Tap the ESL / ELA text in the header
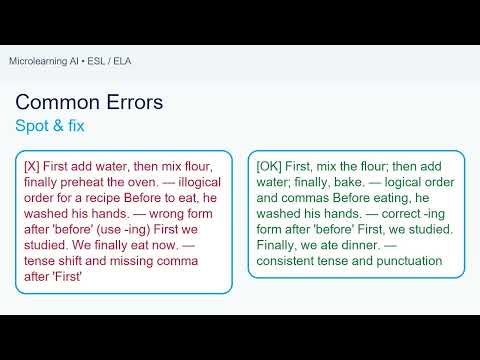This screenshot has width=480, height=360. click(x=111, y=62)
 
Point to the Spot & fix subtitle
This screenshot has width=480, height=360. click(x=51, y=127)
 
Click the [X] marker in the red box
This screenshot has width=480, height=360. click(x=34, y=167)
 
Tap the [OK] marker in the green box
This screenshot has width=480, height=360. click(x=269, y=167)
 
